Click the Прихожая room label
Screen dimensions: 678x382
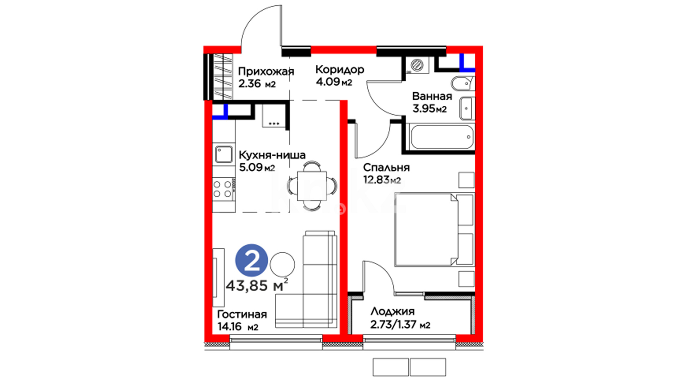[x=266, y=71]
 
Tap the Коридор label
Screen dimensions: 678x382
[x=340, y=69]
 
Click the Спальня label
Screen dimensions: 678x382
[x=386, y=167]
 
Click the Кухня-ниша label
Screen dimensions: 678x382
[x=272, y=155]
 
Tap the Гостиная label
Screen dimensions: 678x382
[x=242, y=314]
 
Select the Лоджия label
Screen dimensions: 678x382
[x=392, y=311]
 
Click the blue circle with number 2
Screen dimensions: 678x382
[x=252, y=260]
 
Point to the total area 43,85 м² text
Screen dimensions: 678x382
[x=257, y=285]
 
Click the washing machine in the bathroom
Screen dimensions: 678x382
[x=417, y=65]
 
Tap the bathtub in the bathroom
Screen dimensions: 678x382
[x=441, y=137]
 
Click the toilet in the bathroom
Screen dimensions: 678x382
[x=463, y=83]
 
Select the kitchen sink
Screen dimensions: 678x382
[x=224, y=155]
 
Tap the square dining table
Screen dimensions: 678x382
[x=312, y=186]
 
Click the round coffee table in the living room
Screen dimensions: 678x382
[x=282, y=265]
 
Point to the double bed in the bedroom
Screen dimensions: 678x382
[x=434, y=229]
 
